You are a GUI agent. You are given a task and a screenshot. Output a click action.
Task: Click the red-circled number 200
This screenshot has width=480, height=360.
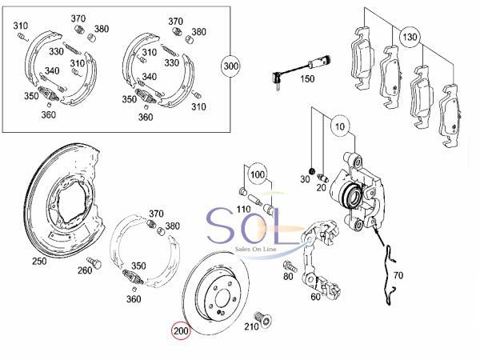[181, 331]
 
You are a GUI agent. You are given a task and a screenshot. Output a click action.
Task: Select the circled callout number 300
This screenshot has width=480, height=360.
[230, 66]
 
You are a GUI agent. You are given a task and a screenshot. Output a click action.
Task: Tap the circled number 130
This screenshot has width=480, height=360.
[410, 37]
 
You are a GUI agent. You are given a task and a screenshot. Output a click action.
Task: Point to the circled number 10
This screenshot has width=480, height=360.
[340, 126]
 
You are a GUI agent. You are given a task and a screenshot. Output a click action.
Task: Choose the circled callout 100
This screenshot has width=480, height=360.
[258, 174]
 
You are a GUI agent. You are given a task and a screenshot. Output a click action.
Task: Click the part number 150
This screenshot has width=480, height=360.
[307, 79]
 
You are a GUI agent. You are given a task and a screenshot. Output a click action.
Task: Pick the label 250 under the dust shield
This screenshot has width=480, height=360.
[39, 261]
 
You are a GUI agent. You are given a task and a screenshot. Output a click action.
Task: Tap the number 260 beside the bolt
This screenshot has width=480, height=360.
[85, 270]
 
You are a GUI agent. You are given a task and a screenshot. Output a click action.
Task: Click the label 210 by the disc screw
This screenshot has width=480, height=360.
[251, 326]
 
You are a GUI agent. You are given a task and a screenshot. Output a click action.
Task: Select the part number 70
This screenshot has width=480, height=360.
[398, 275]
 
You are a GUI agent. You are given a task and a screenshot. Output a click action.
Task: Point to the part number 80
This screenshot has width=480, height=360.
[288, 277]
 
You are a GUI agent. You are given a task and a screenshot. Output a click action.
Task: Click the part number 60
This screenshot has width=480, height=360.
[316, 297]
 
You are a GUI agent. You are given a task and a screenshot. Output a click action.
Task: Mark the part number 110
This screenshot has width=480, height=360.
[243, 210]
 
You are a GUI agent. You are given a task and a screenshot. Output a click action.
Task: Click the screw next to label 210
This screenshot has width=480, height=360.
[263, 319]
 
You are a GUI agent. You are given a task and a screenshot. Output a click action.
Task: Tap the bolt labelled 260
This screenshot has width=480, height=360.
[94, 262]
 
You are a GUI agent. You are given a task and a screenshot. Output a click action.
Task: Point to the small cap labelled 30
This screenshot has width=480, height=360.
[312, 170]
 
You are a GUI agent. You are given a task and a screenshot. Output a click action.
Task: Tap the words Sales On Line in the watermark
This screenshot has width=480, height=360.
[255, 249]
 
